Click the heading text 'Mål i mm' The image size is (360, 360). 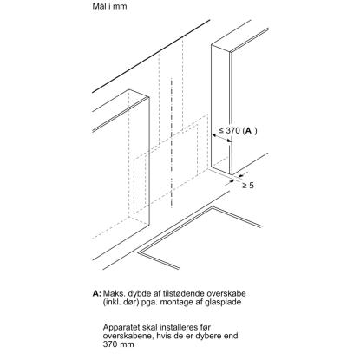tap(109, 6)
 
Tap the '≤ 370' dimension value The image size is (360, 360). tap(229, 130)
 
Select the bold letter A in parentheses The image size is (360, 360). tap(247, 131)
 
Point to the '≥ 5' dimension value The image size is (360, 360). tap(248, 186)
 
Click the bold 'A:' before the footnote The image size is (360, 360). tap(97, 293)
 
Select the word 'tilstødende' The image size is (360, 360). tap(184, 293)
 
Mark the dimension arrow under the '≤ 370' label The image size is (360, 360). tap(221, 138)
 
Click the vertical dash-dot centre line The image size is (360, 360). tap(172, 142)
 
